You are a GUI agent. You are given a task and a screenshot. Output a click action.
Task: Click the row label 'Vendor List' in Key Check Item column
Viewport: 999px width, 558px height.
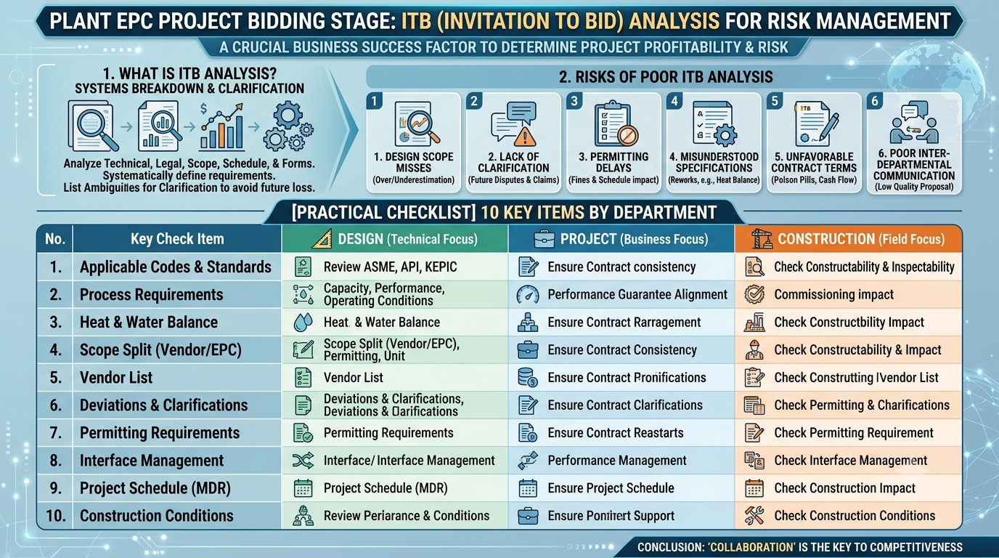tap(116, 378)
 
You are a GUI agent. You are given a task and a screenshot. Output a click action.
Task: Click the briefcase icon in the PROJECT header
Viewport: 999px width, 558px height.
tap(545, 239)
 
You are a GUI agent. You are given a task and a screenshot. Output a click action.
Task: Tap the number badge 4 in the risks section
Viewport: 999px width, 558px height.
tap(674, 101)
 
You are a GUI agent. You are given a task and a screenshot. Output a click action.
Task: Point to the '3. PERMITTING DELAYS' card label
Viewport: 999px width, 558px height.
tap(613, 163)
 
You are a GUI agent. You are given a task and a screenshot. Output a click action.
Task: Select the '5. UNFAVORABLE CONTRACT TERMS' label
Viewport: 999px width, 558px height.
tap(814, 163)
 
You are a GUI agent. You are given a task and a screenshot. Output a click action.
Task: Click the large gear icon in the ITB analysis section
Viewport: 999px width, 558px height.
tap(288, 116)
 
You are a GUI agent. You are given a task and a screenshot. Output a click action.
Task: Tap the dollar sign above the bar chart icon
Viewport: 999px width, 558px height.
tap(204, 108)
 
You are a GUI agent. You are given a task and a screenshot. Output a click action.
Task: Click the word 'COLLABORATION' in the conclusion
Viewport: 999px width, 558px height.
tap(752, 547)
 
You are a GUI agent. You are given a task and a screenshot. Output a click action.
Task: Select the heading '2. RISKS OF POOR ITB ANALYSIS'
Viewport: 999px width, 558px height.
tap(666, 77)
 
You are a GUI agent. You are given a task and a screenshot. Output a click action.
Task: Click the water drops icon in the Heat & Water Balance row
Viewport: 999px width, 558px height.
tap(303, 323)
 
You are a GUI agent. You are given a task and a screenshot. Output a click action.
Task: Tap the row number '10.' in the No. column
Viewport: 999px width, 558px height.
tap(56, 516)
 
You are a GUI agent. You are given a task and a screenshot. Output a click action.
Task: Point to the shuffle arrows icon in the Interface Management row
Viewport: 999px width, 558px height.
tap(303, 461)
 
